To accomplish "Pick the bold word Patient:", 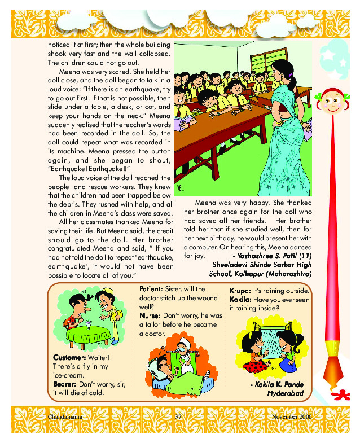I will pyautogui.click(x=151, y=290).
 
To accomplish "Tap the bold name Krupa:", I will pyautogui.click(x=240, y=290).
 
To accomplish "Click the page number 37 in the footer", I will pyautogui.click(x=177, y=416).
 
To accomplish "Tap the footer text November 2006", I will pyautogui.click(x=292, y=416).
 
